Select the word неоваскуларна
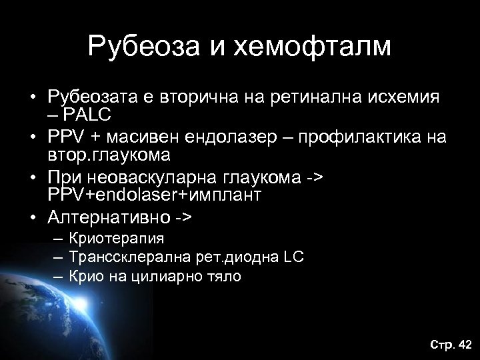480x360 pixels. [x=153, y=177]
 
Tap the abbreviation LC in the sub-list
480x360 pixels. [x=294, y=257]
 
